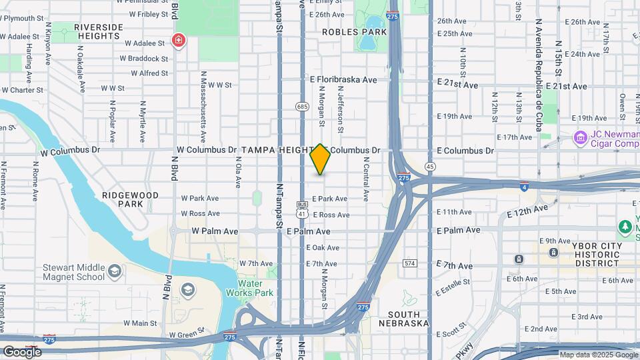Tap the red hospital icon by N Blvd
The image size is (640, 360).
coord(179,41)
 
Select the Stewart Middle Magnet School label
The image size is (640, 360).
coord(73,272)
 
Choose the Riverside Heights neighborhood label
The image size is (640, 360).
coord(99,31)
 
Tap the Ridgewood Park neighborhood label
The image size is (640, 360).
coord(131,199)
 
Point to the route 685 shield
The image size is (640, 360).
coord(302,106)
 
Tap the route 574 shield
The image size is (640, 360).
coord(410,263)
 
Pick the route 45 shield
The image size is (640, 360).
coord(430,166)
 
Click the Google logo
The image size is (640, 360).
coord(22,351)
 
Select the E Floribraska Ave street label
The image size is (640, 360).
coord(343,79)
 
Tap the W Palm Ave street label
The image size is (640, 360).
coord(215,231)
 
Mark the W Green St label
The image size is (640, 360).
coord(187,335)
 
